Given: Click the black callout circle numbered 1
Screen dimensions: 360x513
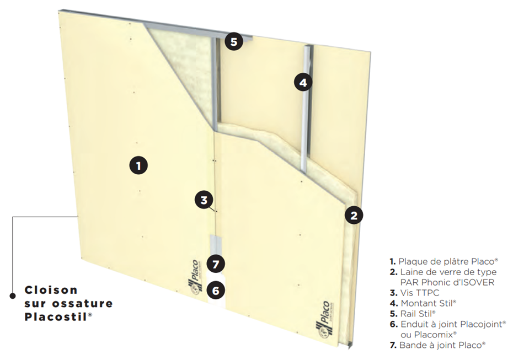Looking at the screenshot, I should click(x=138, y=164).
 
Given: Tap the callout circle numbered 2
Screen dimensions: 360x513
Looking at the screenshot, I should click(x=354, y=214).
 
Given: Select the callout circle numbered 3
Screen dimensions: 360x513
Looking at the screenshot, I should click(x=204, y=200).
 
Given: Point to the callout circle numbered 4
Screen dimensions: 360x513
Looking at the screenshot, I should click(x=302, y=83).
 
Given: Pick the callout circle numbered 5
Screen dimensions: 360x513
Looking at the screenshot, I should click(x=234, y=41).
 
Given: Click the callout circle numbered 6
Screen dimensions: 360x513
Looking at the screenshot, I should click(x=216, y=289).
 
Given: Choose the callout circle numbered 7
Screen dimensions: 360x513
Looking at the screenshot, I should click(x=216, y=264).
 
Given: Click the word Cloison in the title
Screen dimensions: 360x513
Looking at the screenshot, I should click(x=51, y=290).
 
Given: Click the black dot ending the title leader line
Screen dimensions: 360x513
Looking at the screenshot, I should click(x=13, y=296).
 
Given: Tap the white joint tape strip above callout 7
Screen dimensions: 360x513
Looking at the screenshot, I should click(x=216, y=245).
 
